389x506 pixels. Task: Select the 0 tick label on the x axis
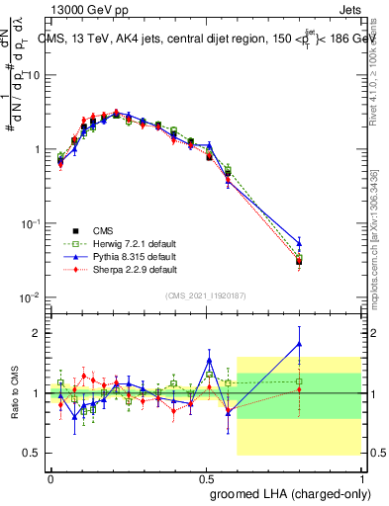coord(50,477)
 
